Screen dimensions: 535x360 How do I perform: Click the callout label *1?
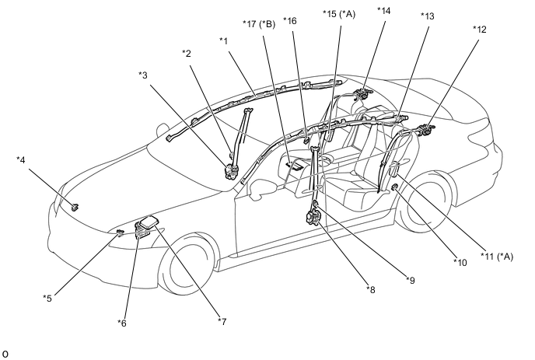pos(223,41)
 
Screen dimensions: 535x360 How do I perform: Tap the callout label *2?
pos(187,54)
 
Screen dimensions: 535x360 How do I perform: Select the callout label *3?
pos(143,75)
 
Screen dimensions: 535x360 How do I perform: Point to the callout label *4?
pos(21,159)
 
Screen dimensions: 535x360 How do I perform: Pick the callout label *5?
pos(47,299)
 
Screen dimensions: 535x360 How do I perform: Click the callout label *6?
pos(122,323)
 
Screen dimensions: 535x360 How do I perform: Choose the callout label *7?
pos(222,321)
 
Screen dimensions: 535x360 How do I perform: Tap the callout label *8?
pos(371,290)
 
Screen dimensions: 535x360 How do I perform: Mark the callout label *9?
pos(411,280)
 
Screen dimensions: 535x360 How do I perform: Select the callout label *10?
pos(460,262)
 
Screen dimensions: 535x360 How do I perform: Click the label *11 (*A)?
pos(497,257)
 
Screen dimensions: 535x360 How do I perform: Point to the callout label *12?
pos(479,30)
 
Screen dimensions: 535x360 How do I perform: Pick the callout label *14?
pos(384,11)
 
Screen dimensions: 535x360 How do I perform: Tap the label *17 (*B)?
pos(259,24)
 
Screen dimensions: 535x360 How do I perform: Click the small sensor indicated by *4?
pos(75,207)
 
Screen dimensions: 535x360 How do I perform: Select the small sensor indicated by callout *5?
pos(120,232)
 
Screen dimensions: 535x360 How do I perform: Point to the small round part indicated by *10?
pos(394,187)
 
